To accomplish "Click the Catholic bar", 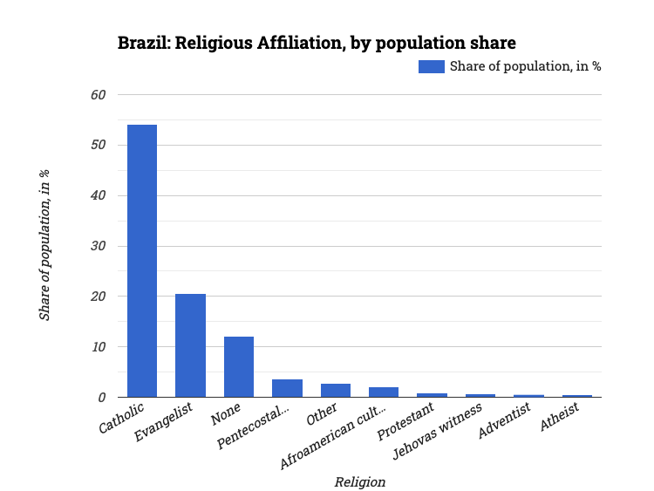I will point(142,261).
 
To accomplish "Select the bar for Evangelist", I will point(190,345).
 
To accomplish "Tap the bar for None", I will point(239,366).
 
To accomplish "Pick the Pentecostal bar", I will point(287,388).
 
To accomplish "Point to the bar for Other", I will point(336,390).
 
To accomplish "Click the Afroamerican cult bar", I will point(384,392).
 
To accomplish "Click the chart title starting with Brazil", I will point(317,43).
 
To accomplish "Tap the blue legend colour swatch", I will point(431,66).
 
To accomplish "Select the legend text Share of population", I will point(525,66).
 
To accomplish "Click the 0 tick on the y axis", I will point(101,398).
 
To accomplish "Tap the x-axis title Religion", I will point(359,481).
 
